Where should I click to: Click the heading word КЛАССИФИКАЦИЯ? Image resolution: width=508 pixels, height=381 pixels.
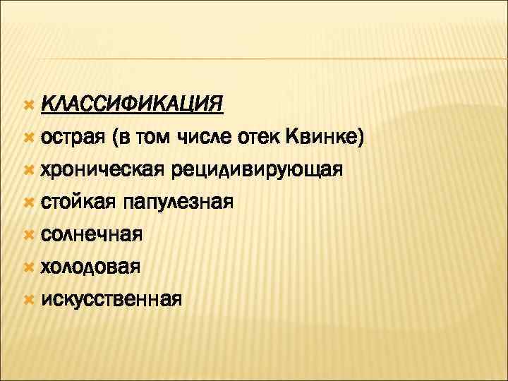pos(132,104)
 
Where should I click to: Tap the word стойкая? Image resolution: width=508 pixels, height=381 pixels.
pos(78,202)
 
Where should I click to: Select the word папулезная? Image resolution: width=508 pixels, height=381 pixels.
pos(178,202)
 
